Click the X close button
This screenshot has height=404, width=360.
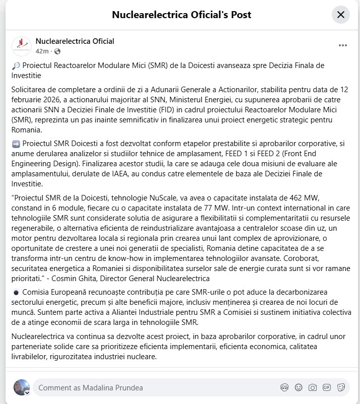[x=341, y=15]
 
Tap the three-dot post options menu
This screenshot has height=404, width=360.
[x=343, y=45]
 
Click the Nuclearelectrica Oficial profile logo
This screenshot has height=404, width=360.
[x=21, y=46]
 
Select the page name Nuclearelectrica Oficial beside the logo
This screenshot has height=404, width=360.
[x=75, y=41]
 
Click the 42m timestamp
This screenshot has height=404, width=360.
[x=42, y=51]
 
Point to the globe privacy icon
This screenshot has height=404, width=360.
[x=57, y=51]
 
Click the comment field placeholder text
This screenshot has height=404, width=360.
[x=91, y=387]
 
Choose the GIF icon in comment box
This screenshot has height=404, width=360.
[x=327, y=387]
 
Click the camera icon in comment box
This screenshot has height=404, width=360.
[x=313, y=387]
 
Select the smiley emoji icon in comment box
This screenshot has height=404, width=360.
[x=299, y=387]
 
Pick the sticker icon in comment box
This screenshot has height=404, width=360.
[x=341, y=387]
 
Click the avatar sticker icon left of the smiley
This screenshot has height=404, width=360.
[x=284, y=387]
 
